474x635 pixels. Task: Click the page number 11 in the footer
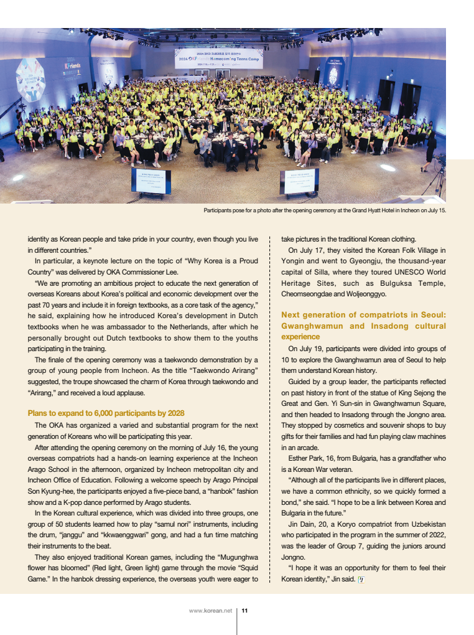[x=244, y=611]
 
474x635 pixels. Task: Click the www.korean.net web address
[x=210, y=611]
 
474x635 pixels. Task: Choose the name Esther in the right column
[x=300, y=458]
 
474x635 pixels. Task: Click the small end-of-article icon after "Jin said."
[x=361, y=580]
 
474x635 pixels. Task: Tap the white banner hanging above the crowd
[x=218, y=58]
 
